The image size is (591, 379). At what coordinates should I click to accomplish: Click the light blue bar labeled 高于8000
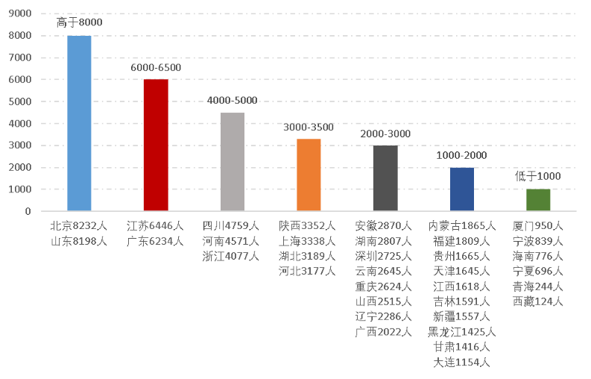[79, 123]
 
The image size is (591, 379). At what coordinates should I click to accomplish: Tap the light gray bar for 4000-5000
[233, 161]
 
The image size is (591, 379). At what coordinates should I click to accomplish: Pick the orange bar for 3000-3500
[309, 175]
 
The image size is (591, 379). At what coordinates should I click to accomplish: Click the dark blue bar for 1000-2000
[461, 189]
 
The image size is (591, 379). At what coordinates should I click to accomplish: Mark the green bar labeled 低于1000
[538, 200]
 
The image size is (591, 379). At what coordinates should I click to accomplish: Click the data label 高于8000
[80, 22]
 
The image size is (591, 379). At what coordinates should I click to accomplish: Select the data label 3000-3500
[309, 127]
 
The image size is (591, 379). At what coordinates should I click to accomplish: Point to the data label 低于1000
[538, 177]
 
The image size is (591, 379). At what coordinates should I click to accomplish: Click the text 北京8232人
[79, 225]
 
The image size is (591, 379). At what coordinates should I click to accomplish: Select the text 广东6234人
[156, 241]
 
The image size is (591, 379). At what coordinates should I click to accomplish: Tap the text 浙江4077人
[231, 256]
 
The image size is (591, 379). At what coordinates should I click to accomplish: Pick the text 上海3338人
[308, 241]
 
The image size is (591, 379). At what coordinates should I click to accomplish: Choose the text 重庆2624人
[384, 286]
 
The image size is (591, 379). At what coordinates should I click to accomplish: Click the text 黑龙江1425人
[461, 332]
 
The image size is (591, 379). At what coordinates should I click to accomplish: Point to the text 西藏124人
[538, 301]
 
